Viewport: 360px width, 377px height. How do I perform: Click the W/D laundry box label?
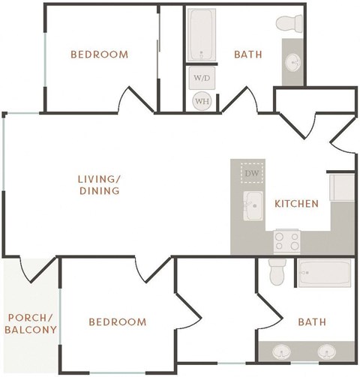tap(201, 78)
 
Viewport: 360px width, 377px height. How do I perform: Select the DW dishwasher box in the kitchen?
tap(252, 174)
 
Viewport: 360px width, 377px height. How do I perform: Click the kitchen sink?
tap(253, 203)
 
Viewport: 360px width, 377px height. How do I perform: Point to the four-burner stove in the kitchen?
tap(286, 240)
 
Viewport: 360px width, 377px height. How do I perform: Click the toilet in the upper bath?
tap(289, 24)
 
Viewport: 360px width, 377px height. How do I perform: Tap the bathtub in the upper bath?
tap(201, 34)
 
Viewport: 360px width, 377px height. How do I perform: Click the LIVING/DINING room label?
tap(99, 185)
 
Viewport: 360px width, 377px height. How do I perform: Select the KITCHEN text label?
tap(296, 204)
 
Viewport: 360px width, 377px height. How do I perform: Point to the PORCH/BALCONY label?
tap(31, 323)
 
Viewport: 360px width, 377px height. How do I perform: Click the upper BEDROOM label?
tap(99, 54)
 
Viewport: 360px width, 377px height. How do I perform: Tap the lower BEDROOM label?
tap(117, 322)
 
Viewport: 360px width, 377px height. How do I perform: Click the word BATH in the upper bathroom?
tap(247, 54)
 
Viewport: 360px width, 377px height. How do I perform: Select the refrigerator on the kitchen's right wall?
tap(342, 187)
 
